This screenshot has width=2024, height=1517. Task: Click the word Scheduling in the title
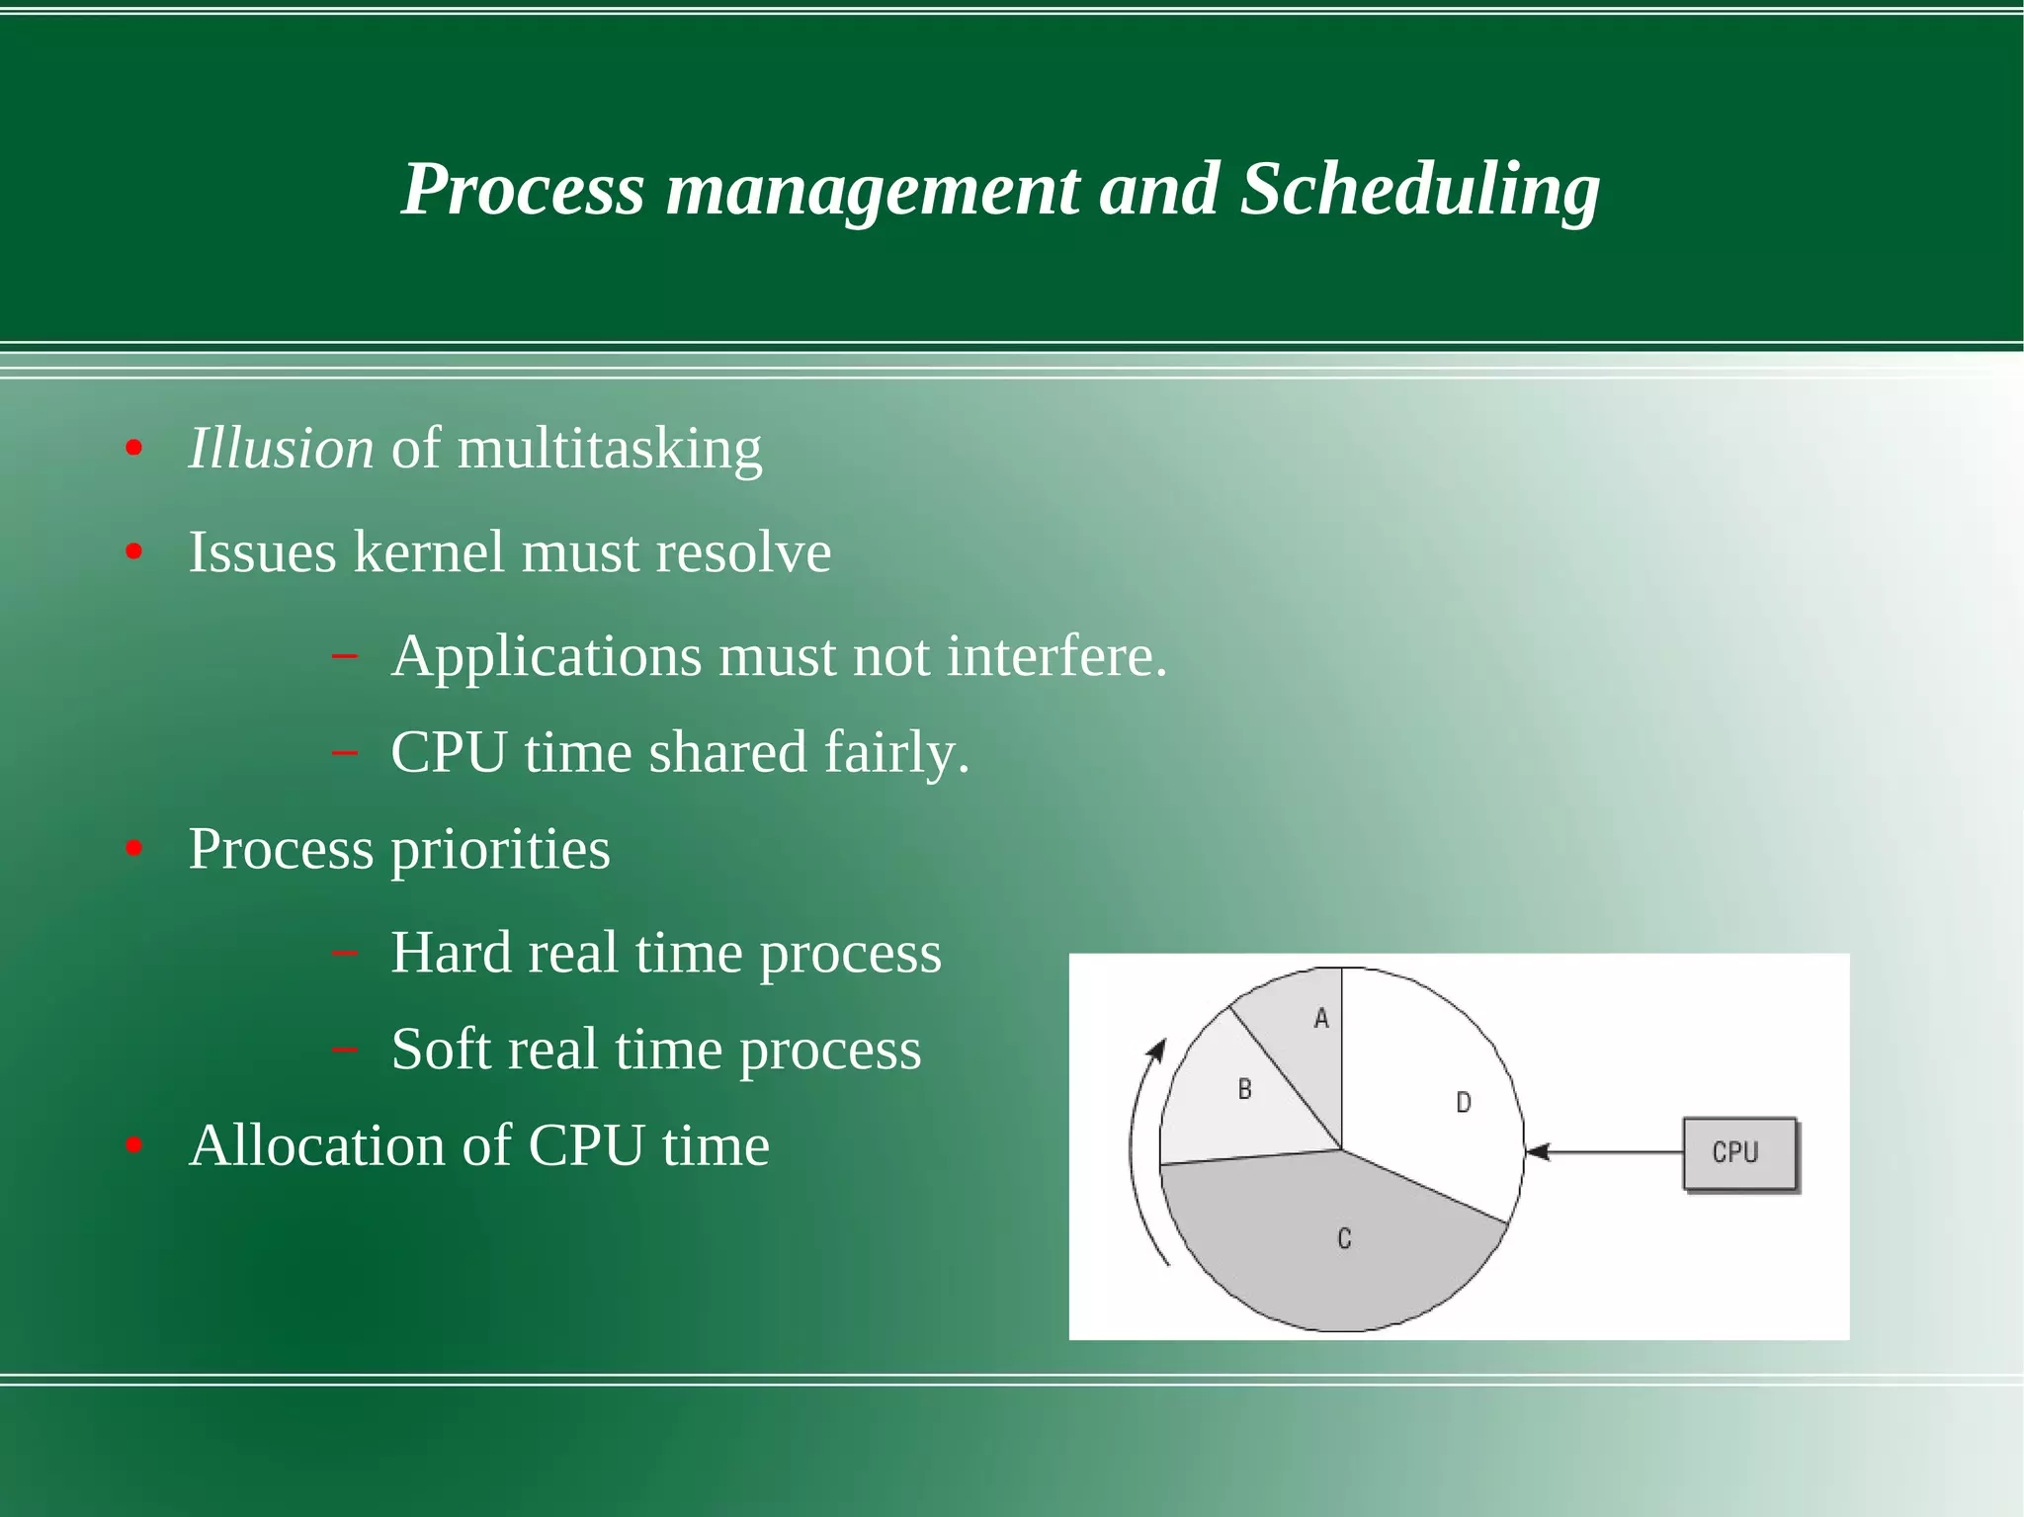1419,190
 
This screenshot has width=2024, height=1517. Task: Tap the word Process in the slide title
523,190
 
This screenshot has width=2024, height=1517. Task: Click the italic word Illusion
282,449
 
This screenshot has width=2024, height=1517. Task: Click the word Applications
547,657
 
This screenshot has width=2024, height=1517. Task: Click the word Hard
451,954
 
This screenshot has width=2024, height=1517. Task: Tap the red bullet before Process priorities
134,849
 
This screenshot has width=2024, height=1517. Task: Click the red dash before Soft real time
345,1049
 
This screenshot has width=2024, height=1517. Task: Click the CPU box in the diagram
1738,1152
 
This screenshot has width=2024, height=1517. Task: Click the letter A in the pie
1321,1019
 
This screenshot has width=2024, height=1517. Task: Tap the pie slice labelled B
1247,1097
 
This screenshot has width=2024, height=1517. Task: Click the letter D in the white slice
1464,1103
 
